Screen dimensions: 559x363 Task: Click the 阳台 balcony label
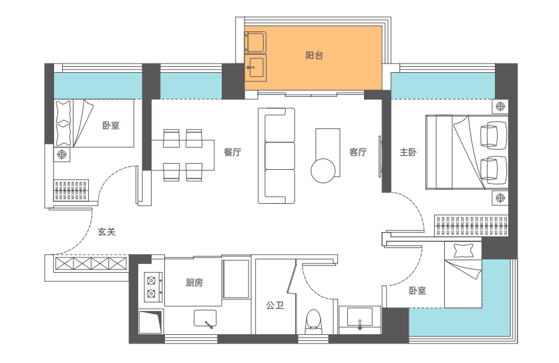coord(314,55)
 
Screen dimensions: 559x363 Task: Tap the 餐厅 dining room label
coord(232,152)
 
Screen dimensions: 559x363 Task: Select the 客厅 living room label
coord(358,152)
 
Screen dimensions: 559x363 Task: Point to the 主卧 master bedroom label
coord(408,152)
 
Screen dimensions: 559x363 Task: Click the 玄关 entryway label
coord(107,232)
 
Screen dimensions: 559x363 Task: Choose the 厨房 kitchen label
coord(194,283)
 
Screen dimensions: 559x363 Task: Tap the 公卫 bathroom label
coord(275,306)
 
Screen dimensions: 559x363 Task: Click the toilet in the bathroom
coord(313,322)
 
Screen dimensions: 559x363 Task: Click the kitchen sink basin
coord(205,318)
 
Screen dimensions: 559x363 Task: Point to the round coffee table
coord(323,170)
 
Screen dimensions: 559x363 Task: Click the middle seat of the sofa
coord(280,156)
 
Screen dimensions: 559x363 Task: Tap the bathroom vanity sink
coord(360,317)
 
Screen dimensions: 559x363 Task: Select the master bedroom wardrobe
coord(471,225)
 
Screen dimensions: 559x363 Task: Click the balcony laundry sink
coord(256,68)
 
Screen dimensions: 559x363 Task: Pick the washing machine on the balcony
coord(255,42)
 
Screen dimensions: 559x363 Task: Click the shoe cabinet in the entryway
coord(91,263)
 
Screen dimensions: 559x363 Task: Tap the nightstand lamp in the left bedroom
coord(62,154)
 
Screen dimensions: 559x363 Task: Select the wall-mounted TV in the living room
coord(379,156)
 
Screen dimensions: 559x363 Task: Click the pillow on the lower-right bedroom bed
coord(463,250)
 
